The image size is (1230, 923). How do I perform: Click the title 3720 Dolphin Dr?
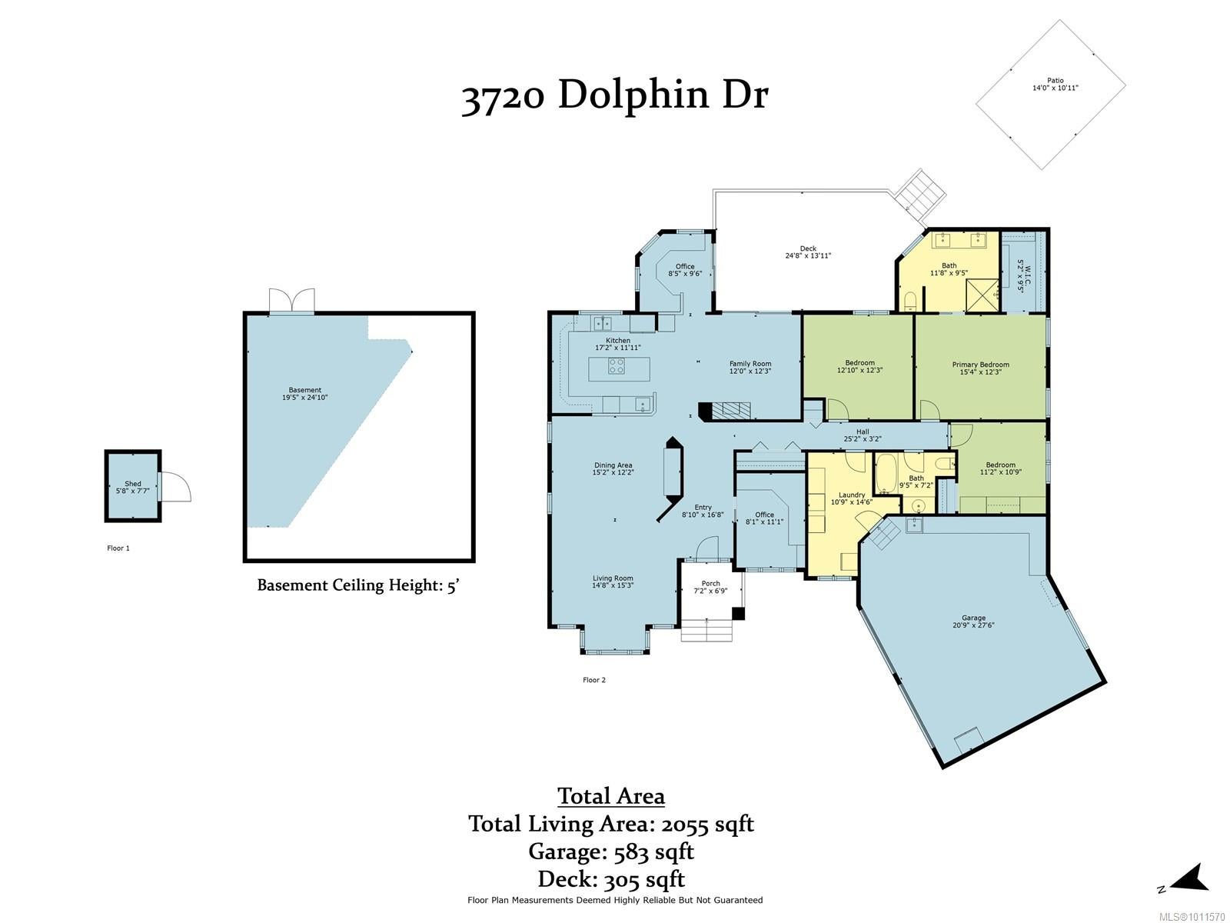tap(614, 96)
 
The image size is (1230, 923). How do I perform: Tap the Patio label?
tap(1055, 81)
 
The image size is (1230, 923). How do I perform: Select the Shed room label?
tap(133, 484)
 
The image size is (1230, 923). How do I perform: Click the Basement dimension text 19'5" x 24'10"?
tap(305, 398)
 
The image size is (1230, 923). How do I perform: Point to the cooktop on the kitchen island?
tap(617, 367)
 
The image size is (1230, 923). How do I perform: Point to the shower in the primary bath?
tap(982, 295)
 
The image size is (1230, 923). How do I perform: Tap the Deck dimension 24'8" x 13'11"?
tap(808, 255)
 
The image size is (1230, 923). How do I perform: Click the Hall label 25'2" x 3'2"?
tap(863, 435)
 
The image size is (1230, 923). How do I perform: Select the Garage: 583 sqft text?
tap(611, 851)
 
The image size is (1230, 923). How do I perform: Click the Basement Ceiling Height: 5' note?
tap(359, 585)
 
